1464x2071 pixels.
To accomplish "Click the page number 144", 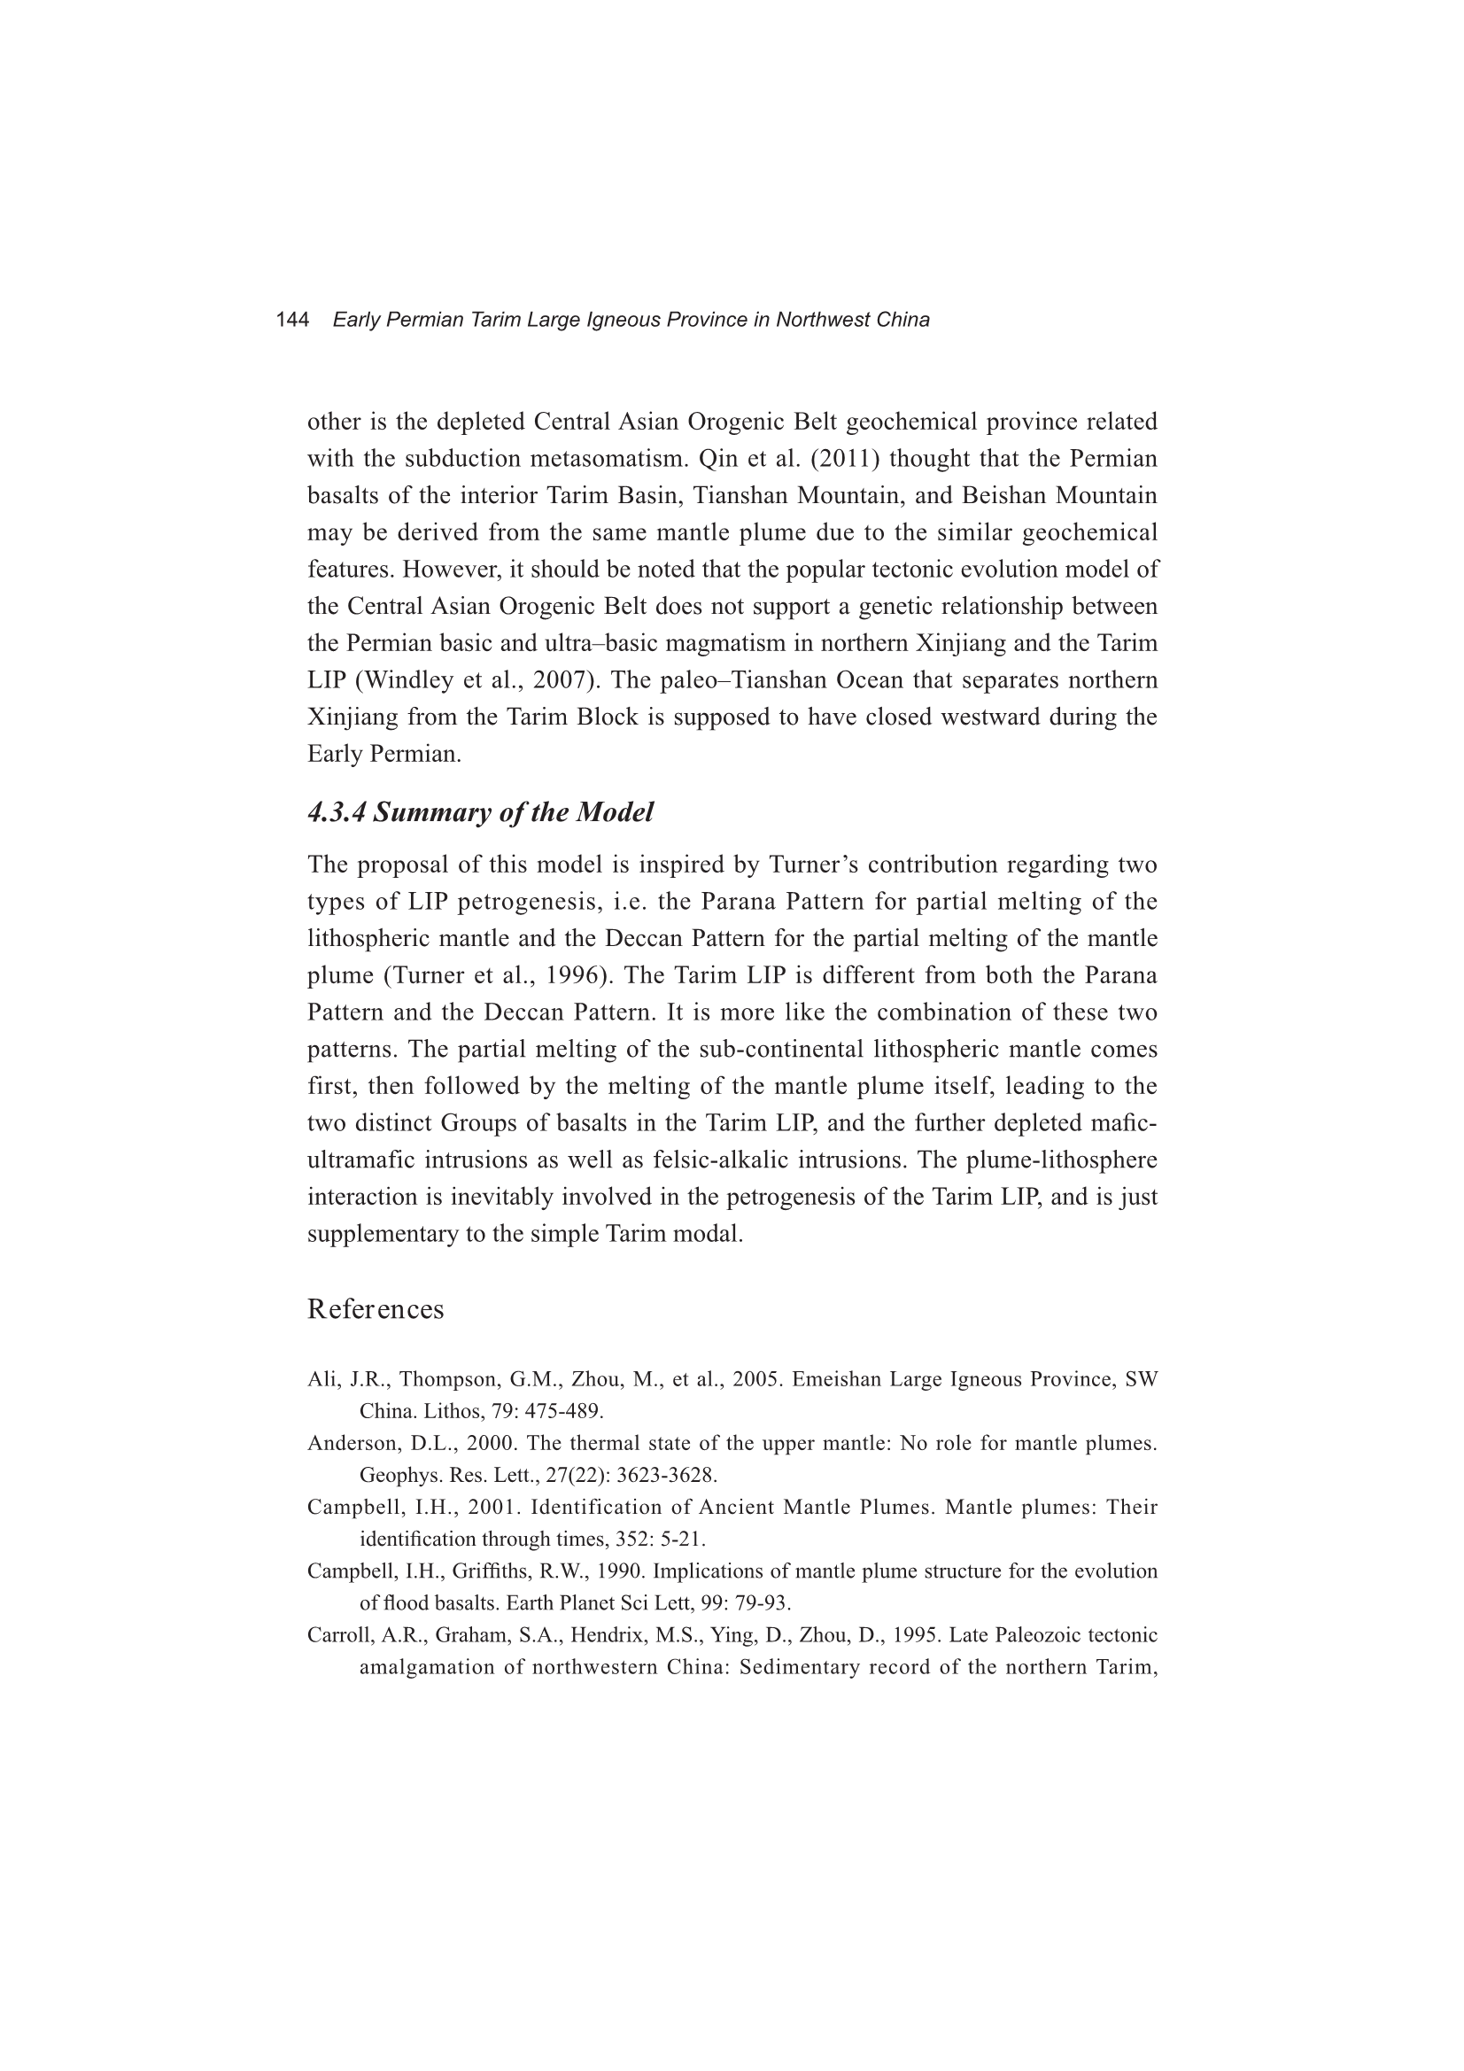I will pos(292,319).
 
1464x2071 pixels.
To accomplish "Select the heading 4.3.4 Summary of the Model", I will pos(480,811).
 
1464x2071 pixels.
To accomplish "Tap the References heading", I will pos(376,1309).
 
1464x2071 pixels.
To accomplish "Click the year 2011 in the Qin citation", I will pos(844,459).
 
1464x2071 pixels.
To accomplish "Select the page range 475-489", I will pos(561,1411).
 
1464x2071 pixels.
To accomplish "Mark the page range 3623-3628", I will pos(667,1476).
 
